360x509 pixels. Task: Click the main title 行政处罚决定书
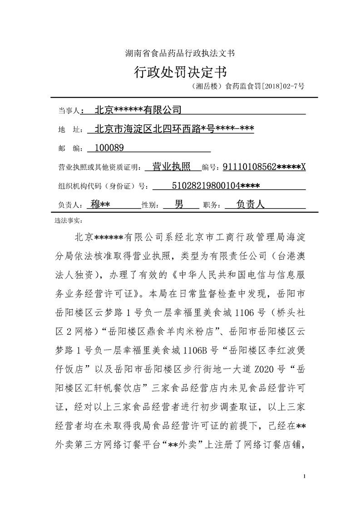(180, 72)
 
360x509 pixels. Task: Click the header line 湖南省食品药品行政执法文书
(180, 53)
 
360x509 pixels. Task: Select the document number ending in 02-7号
(248, 85)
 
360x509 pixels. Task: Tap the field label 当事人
(69, 110)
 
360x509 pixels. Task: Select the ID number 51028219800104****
(216, 185)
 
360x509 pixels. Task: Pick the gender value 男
(179, 204)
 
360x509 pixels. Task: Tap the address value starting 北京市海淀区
(173, 129)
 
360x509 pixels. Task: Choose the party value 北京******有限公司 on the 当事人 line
(138, 110)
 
